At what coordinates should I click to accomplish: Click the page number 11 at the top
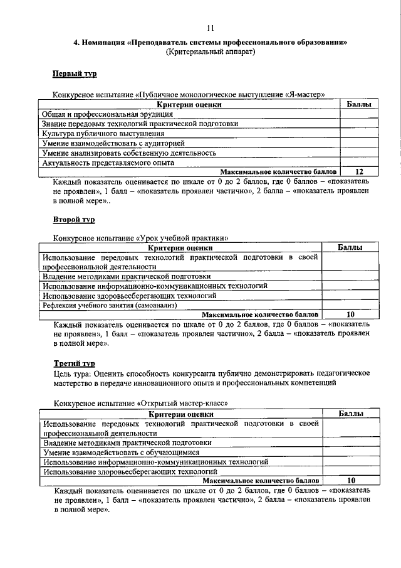click(210, 27)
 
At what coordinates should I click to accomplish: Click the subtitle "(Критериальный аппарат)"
click(210, 53)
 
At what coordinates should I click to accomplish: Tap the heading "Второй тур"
click(72, 220)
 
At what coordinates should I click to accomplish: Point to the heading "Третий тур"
click(73, 363)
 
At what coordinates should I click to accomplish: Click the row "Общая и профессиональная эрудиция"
click(98, 115)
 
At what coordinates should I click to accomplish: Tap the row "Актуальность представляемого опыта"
click(108, 163)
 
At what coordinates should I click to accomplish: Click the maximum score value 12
click(359, 171)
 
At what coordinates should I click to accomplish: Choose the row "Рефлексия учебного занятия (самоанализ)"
click(110, 305)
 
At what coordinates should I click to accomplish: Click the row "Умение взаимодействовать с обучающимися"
click(121, 452)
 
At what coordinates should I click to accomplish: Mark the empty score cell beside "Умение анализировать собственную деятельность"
click(359, 153)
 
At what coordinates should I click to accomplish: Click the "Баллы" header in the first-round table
click(359, 105)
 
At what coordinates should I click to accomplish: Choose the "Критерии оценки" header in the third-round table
click(181, 414)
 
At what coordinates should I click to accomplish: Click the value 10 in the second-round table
click(350, 314)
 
